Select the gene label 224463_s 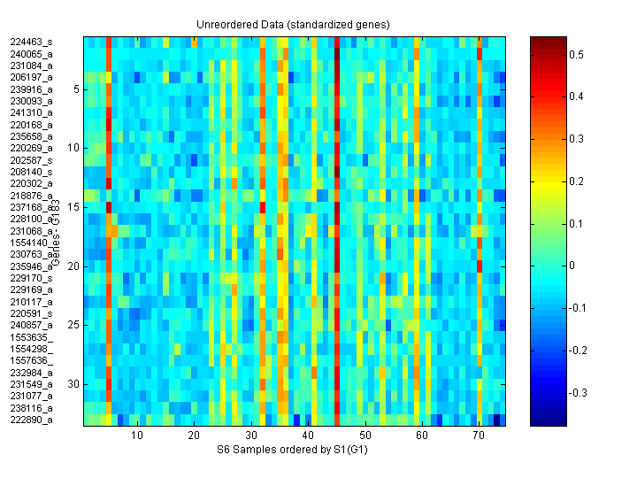click(x=31, y=42)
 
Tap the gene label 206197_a click(x=31, y=77)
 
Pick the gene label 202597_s click(x=31, y=159)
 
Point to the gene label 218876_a click(x=31, y=195)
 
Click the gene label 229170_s click(x=31, y=278)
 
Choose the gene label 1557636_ click(x=31, y=360)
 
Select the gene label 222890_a click(x=31, y=420)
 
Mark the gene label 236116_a click(x=31, y=408)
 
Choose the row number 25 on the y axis click(x=74, y=325)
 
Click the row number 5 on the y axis click(x=77, y=89)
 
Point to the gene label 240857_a click(x=31, y=325)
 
